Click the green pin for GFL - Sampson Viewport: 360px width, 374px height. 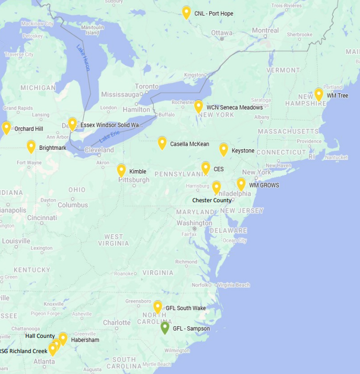coord(165,328)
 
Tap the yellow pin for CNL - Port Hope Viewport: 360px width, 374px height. coord(186,12)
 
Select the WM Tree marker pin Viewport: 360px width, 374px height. coord(319,94)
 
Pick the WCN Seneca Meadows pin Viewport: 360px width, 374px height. coord(198,106)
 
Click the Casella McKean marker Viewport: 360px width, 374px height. coord(162,142)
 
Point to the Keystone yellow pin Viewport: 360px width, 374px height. coord(223,149)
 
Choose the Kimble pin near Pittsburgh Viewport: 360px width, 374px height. coord(121,170)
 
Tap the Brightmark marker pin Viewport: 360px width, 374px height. coord(31,147)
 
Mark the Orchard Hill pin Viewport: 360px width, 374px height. coord(6,127)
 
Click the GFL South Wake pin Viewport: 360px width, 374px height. coord(157,307)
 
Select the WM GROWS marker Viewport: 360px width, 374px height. coord(241,184)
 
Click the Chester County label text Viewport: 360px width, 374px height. coord(211,200)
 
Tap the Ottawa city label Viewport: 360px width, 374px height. coord(222,33)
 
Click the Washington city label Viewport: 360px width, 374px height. coord(194,223)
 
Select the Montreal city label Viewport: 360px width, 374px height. coord(265,30)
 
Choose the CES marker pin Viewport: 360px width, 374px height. coord(206,168)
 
